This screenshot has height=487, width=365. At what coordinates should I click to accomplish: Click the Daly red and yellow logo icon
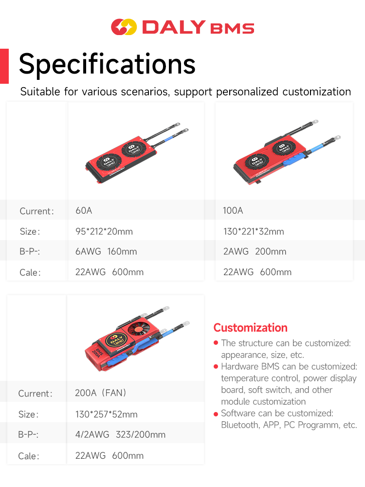(124, 27)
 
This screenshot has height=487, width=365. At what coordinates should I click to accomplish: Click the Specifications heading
(107, 64)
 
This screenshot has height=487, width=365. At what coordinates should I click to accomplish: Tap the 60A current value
(84, 210)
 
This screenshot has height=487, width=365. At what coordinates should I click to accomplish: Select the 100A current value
(233, 210)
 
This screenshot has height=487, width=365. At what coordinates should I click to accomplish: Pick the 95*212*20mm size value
(104, 231)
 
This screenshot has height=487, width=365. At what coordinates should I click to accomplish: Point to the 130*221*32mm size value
(254, 231)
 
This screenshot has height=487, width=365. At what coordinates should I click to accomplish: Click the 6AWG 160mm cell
(106, 251)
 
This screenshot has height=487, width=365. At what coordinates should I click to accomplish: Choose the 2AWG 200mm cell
(255, 251)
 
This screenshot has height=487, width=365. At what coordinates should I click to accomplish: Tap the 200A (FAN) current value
(101, 393)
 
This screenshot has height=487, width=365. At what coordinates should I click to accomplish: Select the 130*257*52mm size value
(107, 414)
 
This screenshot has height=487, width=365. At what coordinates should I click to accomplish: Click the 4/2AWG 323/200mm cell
(120, 434)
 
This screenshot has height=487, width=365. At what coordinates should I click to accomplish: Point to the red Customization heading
(251, 328)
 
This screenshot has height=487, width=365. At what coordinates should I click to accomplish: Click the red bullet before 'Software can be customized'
(216, 414)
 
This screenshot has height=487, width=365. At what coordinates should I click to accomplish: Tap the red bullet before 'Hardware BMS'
(216, 367)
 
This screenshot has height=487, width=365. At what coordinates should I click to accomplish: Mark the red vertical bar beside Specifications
(4, 66)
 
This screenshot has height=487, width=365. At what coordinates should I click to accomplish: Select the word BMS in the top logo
(232, 28)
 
